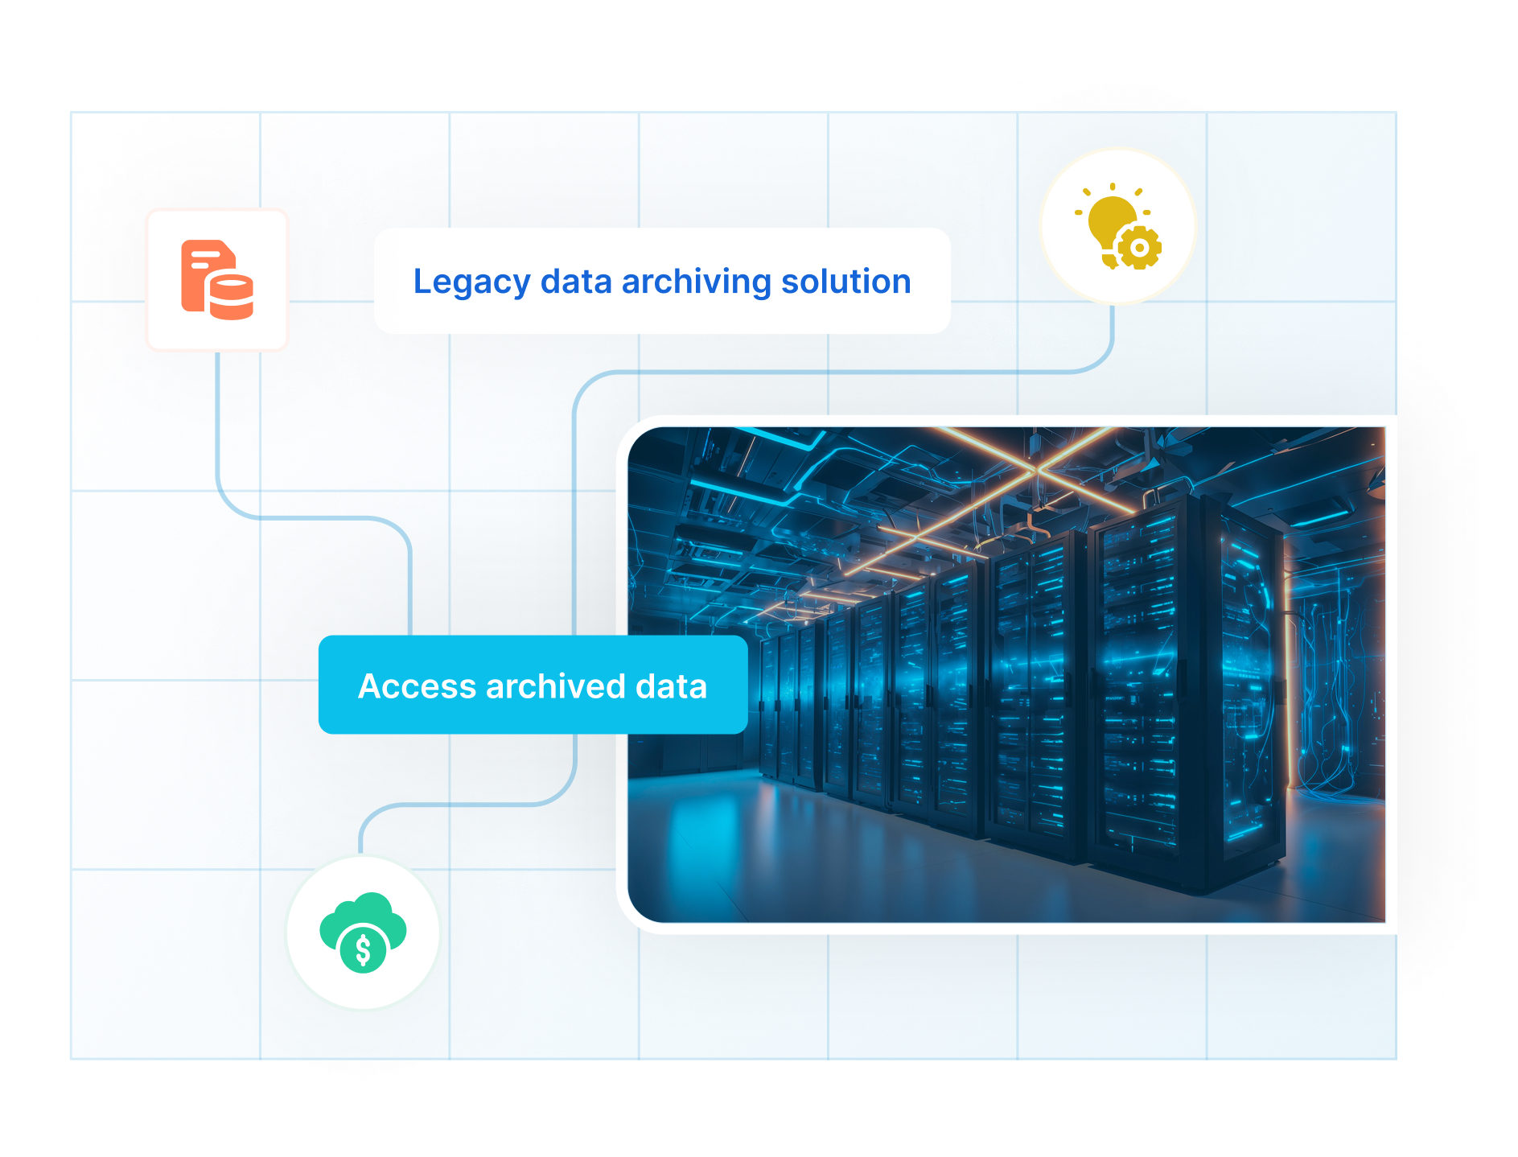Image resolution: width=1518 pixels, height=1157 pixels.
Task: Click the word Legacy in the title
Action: pyautogui.click(x=471, y=282)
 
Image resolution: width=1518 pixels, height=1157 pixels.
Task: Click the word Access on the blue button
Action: pyautogui.click(x=417, y=686)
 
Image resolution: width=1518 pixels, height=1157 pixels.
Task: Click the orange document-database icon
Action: pyautogui.click(x=217, y=279)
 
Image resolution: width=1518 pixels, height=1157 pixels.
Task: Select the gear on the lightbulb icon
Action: pyautogui.click(x=1139, y=248)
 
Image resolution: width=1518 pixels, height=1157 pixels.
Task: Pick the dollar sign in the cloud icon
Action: pyautogui.click(x=363, y=950)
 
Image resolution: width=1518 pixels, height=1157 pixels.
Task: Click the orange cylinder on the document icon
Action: pyautogui.click(x=232, y=297)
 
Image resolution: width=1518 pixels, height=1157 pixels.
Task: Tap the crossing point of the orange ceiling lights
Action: pyautogui.click(x=1036, y=467)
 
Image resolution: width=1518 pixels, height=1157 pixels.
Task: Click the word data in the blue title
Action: pyautogui.click(x=576, y=282)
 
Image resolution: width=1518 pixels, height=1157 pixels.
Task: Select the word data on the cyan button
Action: pyautogui.click(x=671, y=686)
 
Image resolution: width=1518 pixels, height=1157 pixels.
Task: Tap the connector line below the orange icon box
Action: pyautogui.click(x=217, y=418)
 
